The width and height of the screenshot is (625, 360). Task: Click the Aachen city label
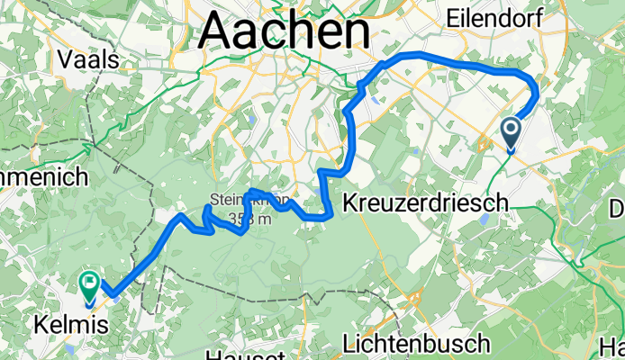tap(285, 32)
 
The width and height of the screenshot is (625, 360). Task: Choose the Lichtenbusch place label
tap(417, 343)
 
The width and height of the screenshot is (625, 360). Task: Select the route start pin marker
tap(511, 134)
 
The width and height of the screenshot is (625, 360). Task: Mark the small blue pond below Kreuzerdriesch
tap(486, 218)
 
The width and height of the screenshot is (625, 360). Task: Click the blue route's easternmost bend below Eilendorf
tap(537, 93)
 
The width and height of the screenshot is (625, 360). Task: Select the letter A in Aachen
tap(217, 32)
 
